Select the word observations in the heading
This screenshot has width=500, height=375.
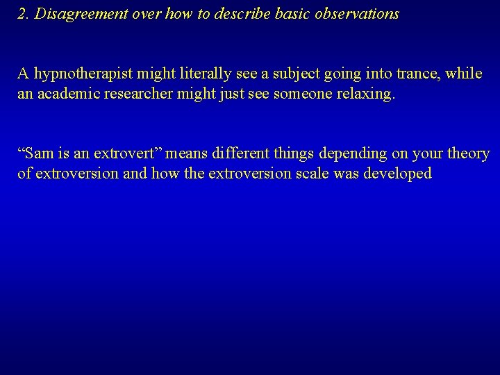tap(356, 15)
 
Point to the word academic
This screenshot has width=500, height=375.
tap(70, 94)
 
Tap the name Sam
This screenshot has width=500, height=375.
tap(35, 153)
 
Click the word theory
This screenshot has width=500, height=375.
tap(467, 153)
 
